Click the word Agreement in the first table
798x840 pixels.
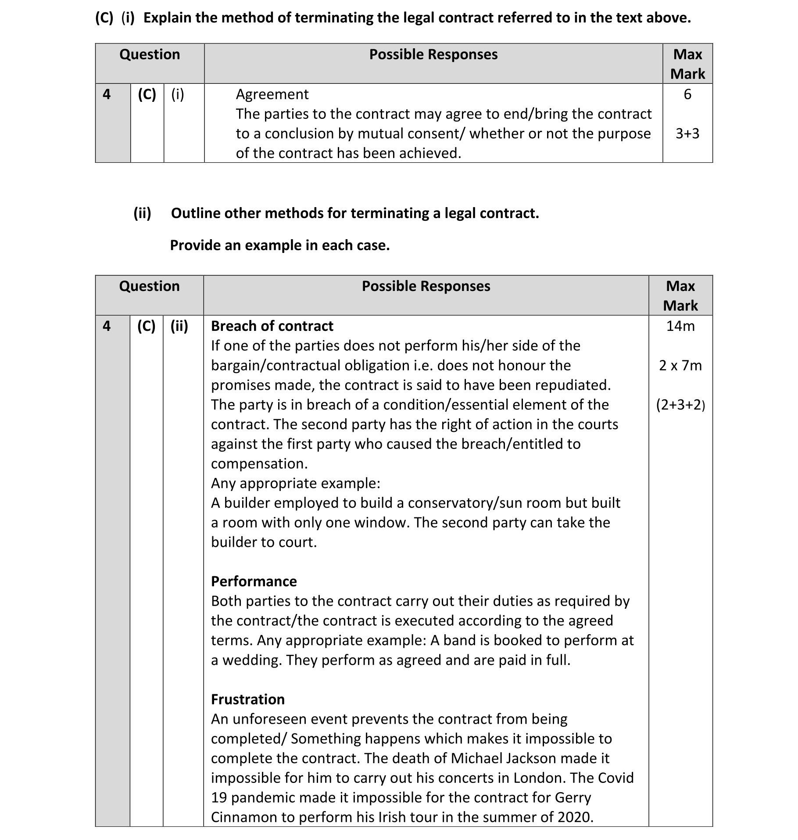[x=272, y=94]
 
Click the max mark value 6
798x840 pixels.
[x=687, y=94]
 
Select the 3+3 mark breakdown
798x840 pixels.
[x=687, y=133]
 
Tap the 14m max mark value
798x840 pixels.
[x=680, y=326]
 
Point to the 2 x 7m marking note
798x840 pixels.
[x=680, y=365]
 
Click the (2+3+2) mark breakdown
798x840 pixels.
[x=680, y=405]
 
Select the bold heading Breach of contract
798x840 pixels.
[x=272, y=326]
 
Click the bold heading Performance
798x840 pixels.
[x=254, y=581]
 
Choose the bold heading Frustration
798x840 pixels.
[x=248, y=699]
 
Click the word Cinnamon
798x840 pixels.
[x=244, y=817]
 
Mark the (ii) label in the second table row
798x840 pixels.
[x=179, y=326]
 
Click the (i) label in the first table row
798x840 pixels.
[x=178, y=94]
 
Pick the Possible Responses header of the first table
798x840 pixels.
[x=433, y=54]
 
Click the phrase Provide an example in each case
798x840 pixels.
[x=280, y=245]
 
